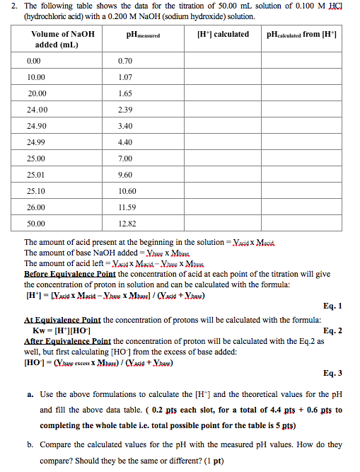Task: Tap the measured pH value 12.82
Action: (128, 224)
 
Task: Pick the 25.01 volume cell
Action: (37, 174)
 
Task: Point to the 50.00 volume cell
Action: (37, 224)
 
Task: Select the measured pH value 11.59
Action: (128, 207)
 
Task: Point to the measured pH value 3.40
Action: (127, 125)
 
